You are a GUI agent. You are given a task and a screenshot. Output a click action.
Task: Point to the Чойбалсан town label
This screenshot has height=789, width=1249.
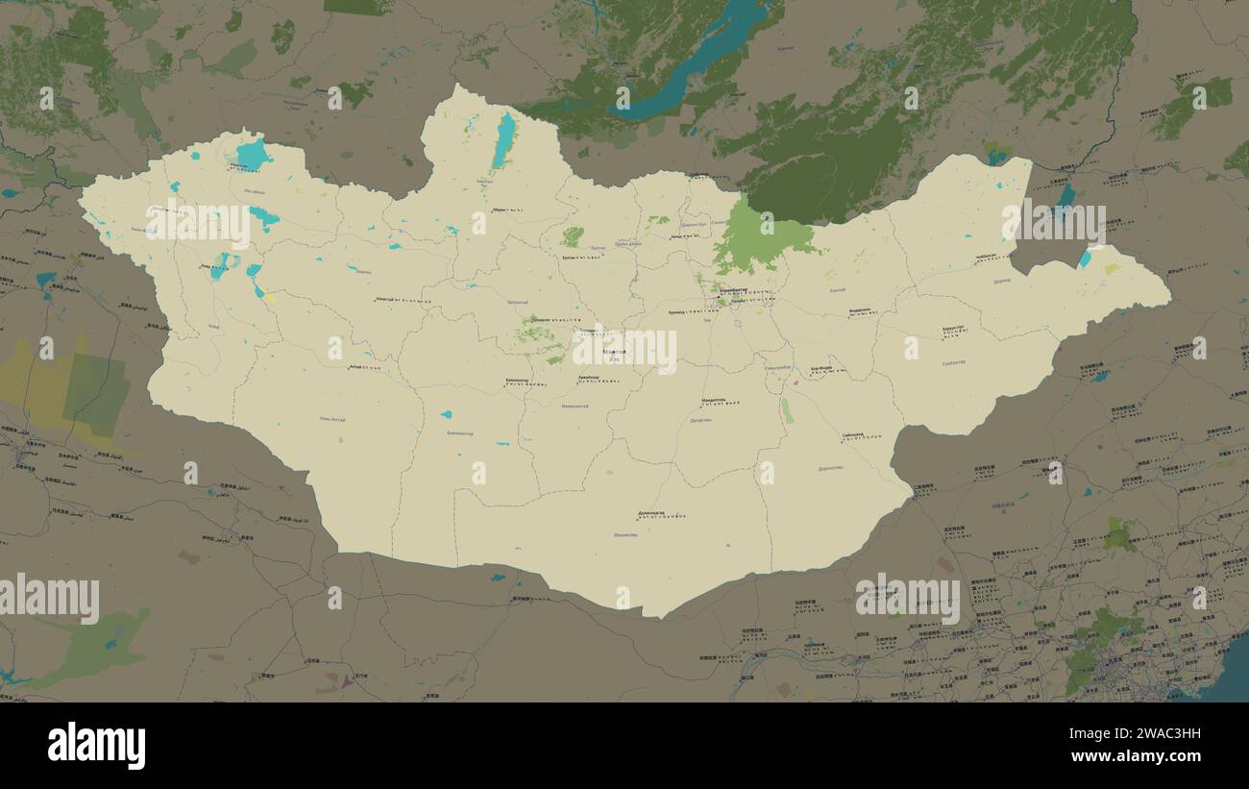click(986, 257)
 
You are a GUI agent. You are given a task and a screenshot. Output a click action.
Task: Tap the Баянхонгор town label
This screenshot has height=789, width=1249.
click(517, 381)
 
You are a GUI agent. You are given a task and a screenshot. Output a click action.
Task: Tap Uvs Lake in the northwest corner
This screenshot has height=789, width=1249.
click(253, 155)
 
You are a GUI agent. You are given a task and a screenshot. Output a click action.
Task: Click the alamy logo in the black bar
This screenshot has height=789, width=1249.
click(96, 746)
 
